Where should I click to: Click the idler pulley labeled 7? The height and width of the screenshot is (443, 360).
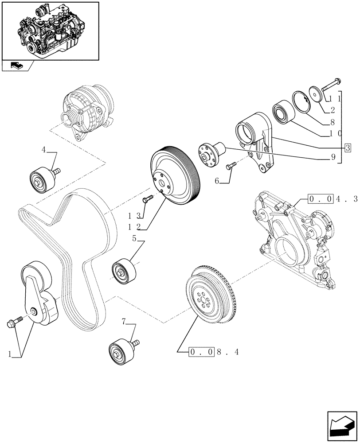click(120, 351)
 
